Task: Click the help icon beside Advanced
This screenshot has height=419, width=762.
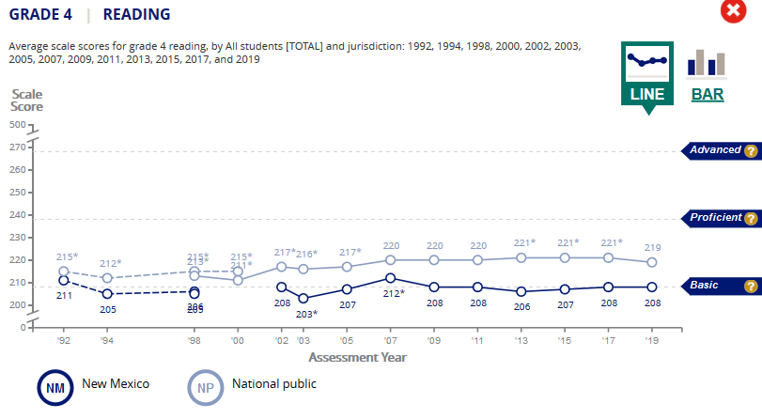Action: (750, 150)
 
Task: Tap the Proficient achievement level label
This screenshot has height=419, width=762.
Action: (716, 218)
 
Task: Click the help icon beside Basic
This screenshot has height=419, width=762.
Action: (750, 286)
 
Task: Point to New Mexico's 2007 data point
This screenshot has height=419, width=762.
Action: (391, 278)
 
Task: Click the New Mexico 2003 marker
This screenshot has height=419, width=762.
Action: (303, 299)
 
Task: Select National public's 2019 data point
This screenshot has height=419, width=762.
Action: (651, 262)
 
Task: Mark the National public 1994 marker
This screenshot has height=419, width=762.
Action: (107, 278)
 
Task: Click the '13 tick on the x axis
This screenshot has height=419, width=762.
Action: (521, 342)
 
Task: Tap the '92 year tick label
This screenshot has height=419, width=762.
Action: (64, 342)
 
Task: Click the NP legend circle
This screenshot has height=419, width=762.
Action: (205, 385)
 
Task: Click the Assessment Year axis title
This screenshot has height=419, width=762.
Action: (357, 357)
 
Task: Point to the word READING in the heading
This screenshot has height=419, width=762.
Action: (136, 14)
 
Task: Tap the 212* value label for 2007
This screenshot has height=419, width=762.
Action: (394, 293)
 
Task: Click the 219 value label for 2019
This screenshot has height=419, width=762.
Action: (651, 246)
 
